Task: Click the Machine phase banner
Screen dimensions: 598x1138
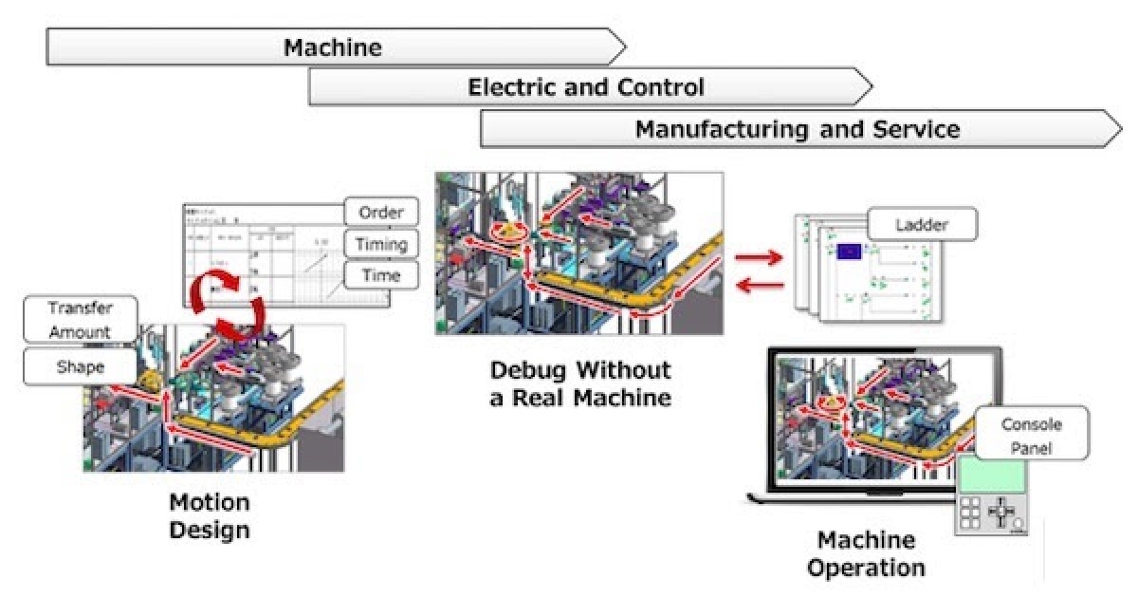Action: point(332,47)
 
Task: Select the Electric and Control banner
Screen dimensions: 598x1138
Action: point(586,88)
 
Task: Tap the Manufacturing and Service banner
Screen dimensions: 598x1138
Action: point(797,129)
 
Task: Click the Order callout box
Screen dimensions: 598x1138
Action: point(379,212)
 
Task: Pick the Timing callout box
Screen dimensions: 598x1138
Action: point(379,244)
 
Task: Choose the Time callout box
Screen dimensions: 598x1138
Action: point(379,276)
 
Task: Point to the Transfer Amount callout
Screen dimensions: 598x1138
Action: point(81,320)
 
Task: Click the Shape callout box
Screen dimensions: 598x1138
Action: point(81,367)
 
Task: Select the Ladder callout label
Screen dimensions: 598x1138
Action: point(922,226)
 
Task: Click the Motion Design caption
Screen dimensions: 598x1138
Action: point(210,515)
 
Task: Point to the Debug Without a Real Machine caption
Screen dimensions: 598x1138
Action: point(580,383)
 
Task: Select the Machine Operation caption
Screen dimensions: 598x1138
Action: point(867,554)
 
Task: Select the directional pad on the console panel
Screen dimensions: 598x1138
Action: point(1001,513)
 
